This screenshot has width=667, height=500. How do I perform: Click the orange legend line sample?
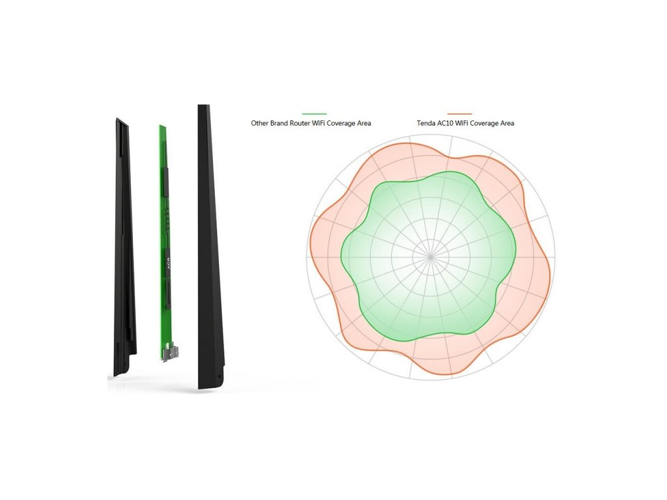[459, 114]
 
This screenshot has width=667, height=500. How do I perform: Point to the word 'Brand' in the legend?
[282, 123]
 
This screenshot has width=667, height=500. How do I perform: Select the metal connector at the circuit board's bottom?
[171, 352]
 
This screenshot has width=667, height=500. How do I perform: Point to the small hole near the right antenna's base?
[219, 376]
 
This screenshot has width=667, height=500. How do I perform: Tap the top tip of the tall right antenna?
[202, 107]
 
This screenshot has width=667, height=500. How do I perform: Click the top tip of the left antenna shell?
[118, 120]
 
